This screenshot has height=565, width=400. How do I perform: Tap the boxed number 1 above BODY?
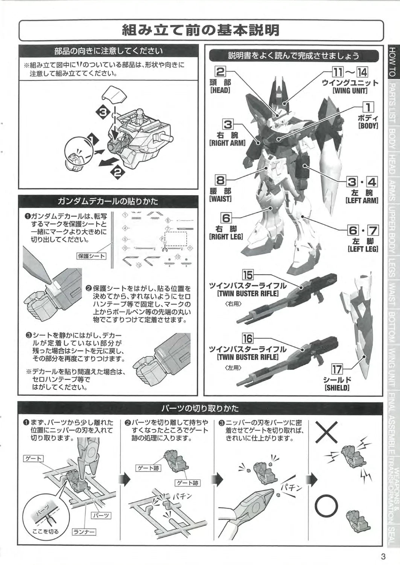[x=368, y=107]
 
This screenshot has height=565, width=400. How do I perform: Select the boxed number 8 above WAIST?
[x=221, y=180]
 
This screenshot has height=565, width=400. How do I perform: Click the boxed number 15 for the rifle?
[x=248, y=275]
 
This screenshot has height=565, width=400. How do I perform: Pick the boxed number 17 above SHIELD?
[x=337, y=370]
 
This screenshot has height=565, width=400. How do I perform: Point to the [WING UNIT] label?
[x=350, y=90]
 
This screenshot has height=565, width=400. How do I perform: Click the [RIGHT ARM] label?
[x=227, y=143]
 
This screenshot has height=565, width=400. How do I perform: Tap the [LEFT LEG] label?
[x=363, y=249]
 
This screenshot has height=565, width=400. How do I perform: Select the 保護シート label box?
[x=91, y=256]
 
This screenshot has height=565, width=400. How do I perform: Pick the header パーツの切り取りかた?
[x=200, y=408]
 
